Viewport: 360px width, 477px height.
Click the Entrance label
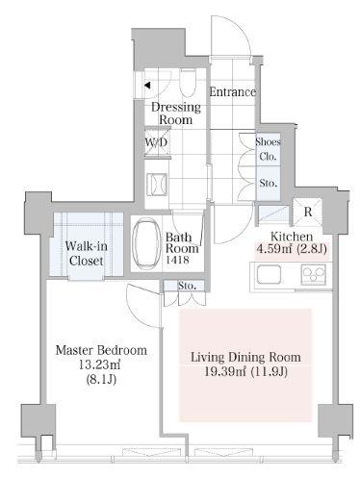point(233,92)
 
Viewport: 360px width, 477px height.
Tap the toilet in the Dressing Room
point(188,83)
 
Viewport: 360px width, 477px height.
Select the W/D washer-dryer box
point(157,142)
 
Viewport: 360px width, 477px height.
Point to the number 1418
point(177,260)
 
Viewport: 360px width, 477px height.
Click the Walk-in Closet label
point(87,253)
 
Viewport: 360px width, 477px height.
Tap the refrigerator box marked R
point(307,212)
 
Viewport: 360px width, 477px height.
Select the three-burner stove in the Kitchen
point(313,274)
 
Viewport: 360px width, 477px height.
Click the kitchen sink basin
point(269,274)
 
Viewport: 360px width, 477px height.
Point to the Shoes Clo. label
point(268,149)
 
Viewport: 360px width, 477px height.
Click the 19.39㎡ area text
point(225,371)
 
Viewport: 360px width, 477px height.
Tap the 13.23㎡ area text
point(101,364)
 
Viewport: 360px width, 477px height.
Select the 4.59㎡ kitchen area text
point(271,248)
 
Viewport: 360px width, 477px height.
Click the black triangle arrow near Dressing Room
point(147,86)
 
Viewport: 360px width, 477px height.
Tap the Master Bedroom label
point(101,350)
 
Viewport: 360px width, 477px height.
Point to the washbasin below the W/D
point(157,185)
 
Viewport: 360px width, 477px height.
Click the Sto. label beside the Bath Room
point(187,286)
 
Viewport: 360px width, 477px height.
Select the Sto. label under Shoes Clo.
point(269,183)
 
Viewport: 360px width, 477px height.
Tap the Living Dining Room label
point(245,357)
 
